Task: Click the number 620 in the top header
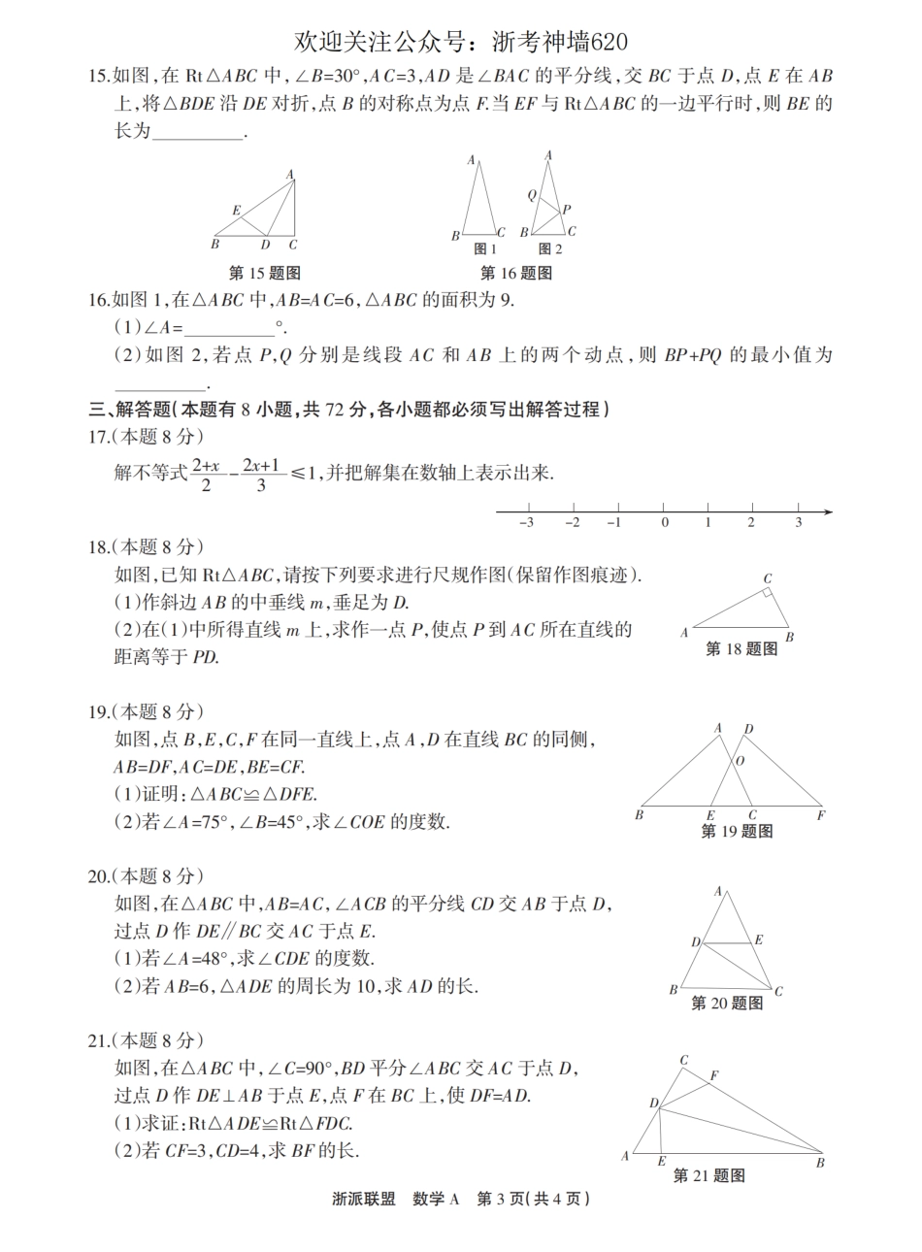(604, 41)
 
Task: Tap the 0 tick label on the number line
(665, 523)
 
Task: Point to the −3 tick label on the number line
(526, 523)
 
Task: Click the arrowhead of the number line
(827, 511)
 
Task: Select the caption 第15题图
(264, 274)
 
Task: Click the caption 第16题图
(516, 274)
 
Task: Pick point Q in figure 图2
(532, 194)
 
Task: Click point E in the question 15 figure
(236, 210)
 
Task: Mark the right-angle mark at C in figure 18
(767, 591)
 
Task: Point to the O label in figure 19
(740, 762)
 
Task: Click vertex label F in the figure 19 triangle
(821, 816)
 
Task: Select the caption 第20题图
(726, 1003)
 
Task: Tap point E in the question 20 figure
(758, 939)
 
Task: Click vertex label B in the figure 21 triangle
(820, 1162)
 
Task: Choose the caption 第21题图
(709, 1176)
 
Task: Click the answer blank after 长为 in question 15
(199, 133)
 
